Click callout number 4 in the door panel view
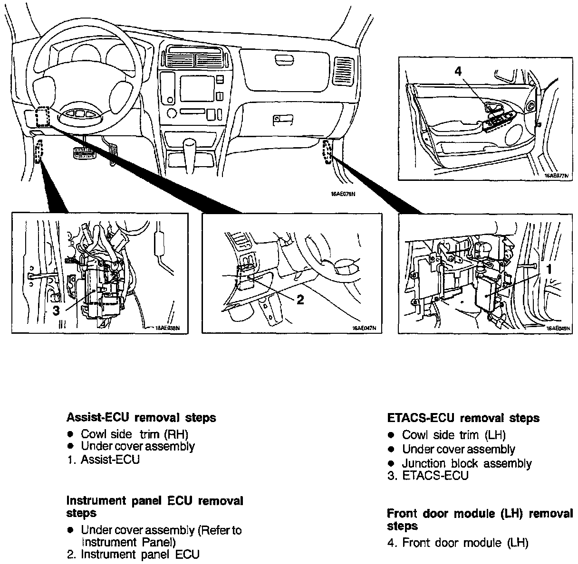click(458, 71)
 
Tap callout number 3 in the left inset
click(56, 311)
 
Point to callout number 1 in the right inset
click(549, 269)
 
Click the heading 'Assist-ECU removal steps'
click(141, 418)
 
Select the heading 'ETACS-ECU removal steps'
click(463, 418)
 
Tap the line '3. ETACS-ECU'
click(428, 476)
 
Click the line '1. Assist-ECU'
click(103, 460)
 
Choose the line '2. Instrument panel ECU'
click(133, 554)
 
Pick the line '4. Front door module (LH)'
click(458, 543)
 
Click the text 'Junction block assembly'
click(467, 463)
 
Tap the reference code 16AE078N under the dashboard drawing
click(343, 194)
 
